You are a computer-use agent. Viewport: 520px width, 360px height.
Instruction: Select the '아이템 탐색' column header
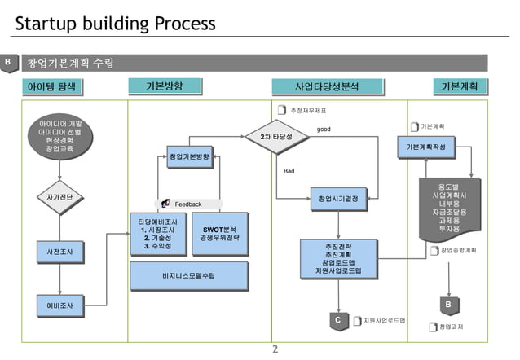pos(51,86)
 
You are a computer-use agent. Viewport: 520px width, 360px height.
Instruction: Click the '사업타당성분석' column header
pos(327,86)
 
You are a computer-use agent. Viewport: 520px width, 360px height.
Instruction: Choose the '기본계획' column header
pos(459,86)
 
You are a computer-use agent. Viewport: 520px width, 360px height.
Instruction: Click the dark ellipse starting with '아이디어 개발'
pos(59,137)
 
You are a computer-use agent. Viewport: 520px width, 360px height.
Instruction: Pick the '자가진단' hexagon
pos(59,197)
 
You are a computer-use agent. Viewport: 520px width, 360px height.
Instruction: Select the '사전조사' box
pos(59,252)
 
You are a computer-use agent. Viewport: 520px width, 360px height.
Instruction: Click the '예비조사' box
pos(59,305)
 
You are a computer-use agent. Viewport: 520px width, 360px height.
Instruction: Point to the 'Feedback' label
pos(188,204)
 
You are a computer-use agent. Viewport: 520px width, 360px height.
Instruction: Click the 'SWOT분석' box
pos(220,233)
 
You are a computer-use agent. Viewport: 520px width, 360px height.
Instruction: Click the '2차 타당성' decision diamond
pos(275,136)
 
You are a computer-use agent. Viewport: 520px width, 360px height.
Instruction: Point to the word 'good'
pos(324,130)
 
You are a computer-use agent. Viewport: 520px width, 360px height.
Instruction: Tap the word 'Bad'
pos(289,171)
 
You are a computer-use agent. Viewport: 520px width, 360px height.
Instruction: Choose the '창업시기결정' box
pos(338,198)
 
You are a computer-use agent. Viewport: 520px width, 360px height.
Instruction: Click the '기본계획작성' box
pos(425,147)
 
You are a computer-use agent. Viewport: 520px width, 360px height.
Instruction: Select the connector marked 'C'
pos(337,321)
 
